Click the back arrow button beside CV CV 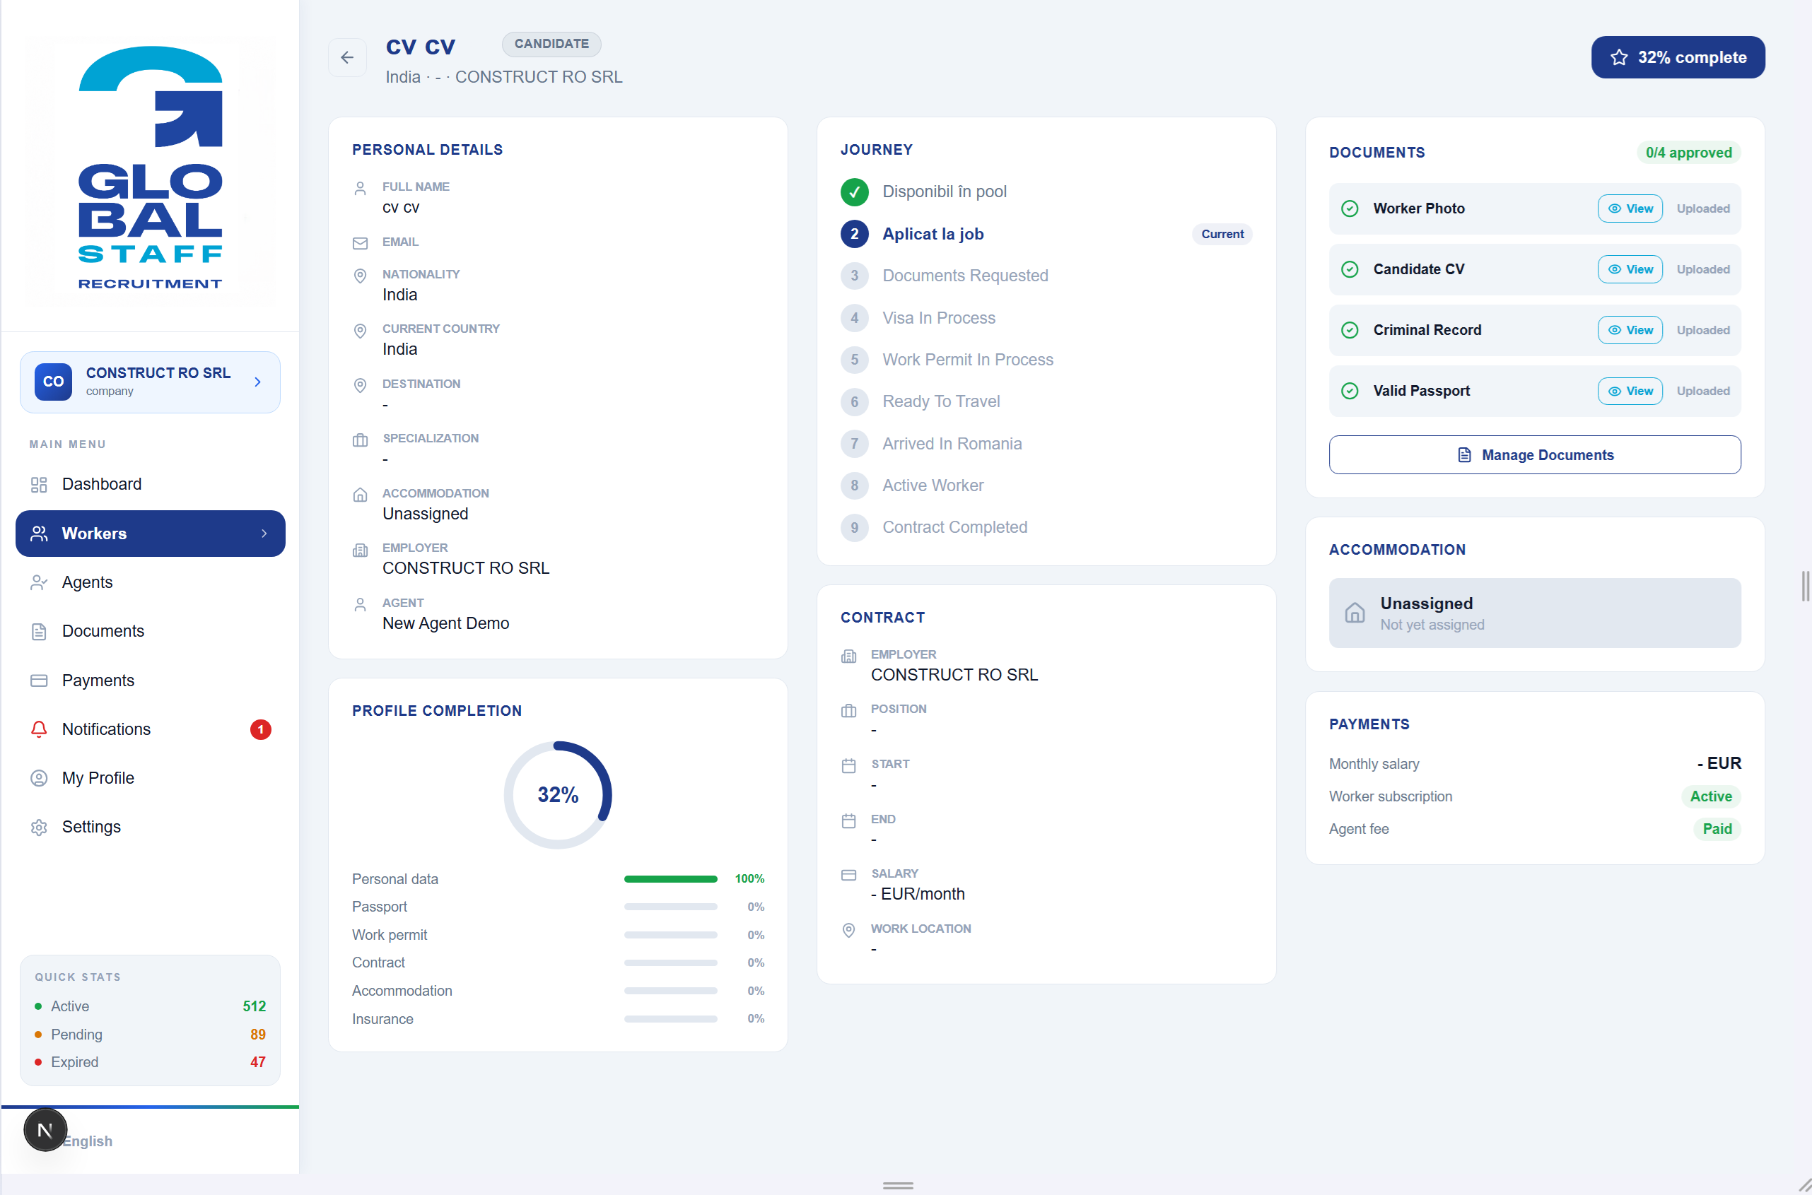click(347, 57)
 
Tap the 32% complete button click(1677, 57)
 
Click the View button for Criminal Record click(1629, 330)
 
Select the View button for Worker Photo click(1629, 208)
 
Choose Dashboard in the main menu click(101, 484)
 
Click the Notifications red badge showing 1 click(260, 729)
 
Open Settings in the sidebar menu click(90, 827)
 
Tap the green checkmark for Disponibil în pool click(854, 192)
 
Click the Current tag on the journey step click(1222, 234)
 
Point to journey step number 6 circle click(854, 401)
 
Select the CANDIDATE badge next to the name click(551, 45)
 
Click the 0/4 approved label click(1688, 153)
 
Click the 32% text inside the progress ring click(558, 795)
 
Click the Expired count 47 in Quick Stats click(257, 1062)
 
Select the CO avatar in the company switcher click(53, 382)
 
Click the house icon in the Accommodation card click(1354, 613)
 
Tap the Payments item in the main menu click(98, 681)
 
